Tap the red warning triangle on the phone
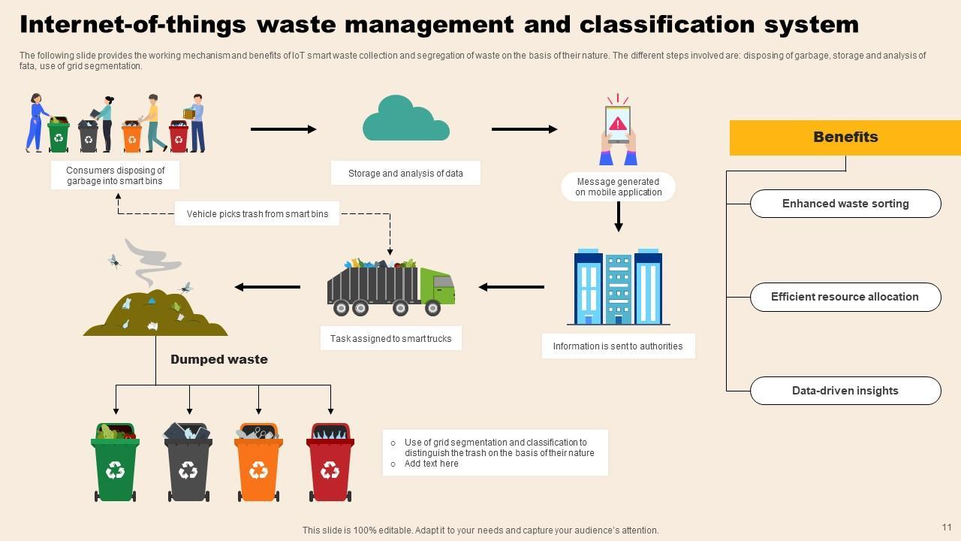[617, 124]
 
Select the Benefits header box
[845, 138]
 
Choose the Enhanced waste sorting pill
[845, 204]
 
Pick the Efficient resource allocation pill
[845, 297]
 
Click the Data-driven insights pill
[845, 391]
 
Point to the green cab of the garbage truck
[437, 286]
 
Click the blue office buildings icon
[618, 286]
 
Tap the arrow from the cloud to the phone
[524, 129]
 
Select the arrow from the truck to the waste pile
[267, 287]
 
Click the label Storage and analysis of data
[405, 174]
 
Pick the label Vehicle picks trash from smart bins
[257, 214]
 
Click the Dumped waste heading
[218, 359]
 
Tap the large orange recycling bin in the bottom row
[258, 462]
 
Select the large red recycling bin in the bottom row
[330, 462]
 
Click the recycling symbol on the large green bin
[115, 470]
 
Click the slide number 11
[947, 527]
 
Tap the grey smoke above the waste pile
[152, 263]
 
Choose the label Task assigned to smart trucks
[391, 339]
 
